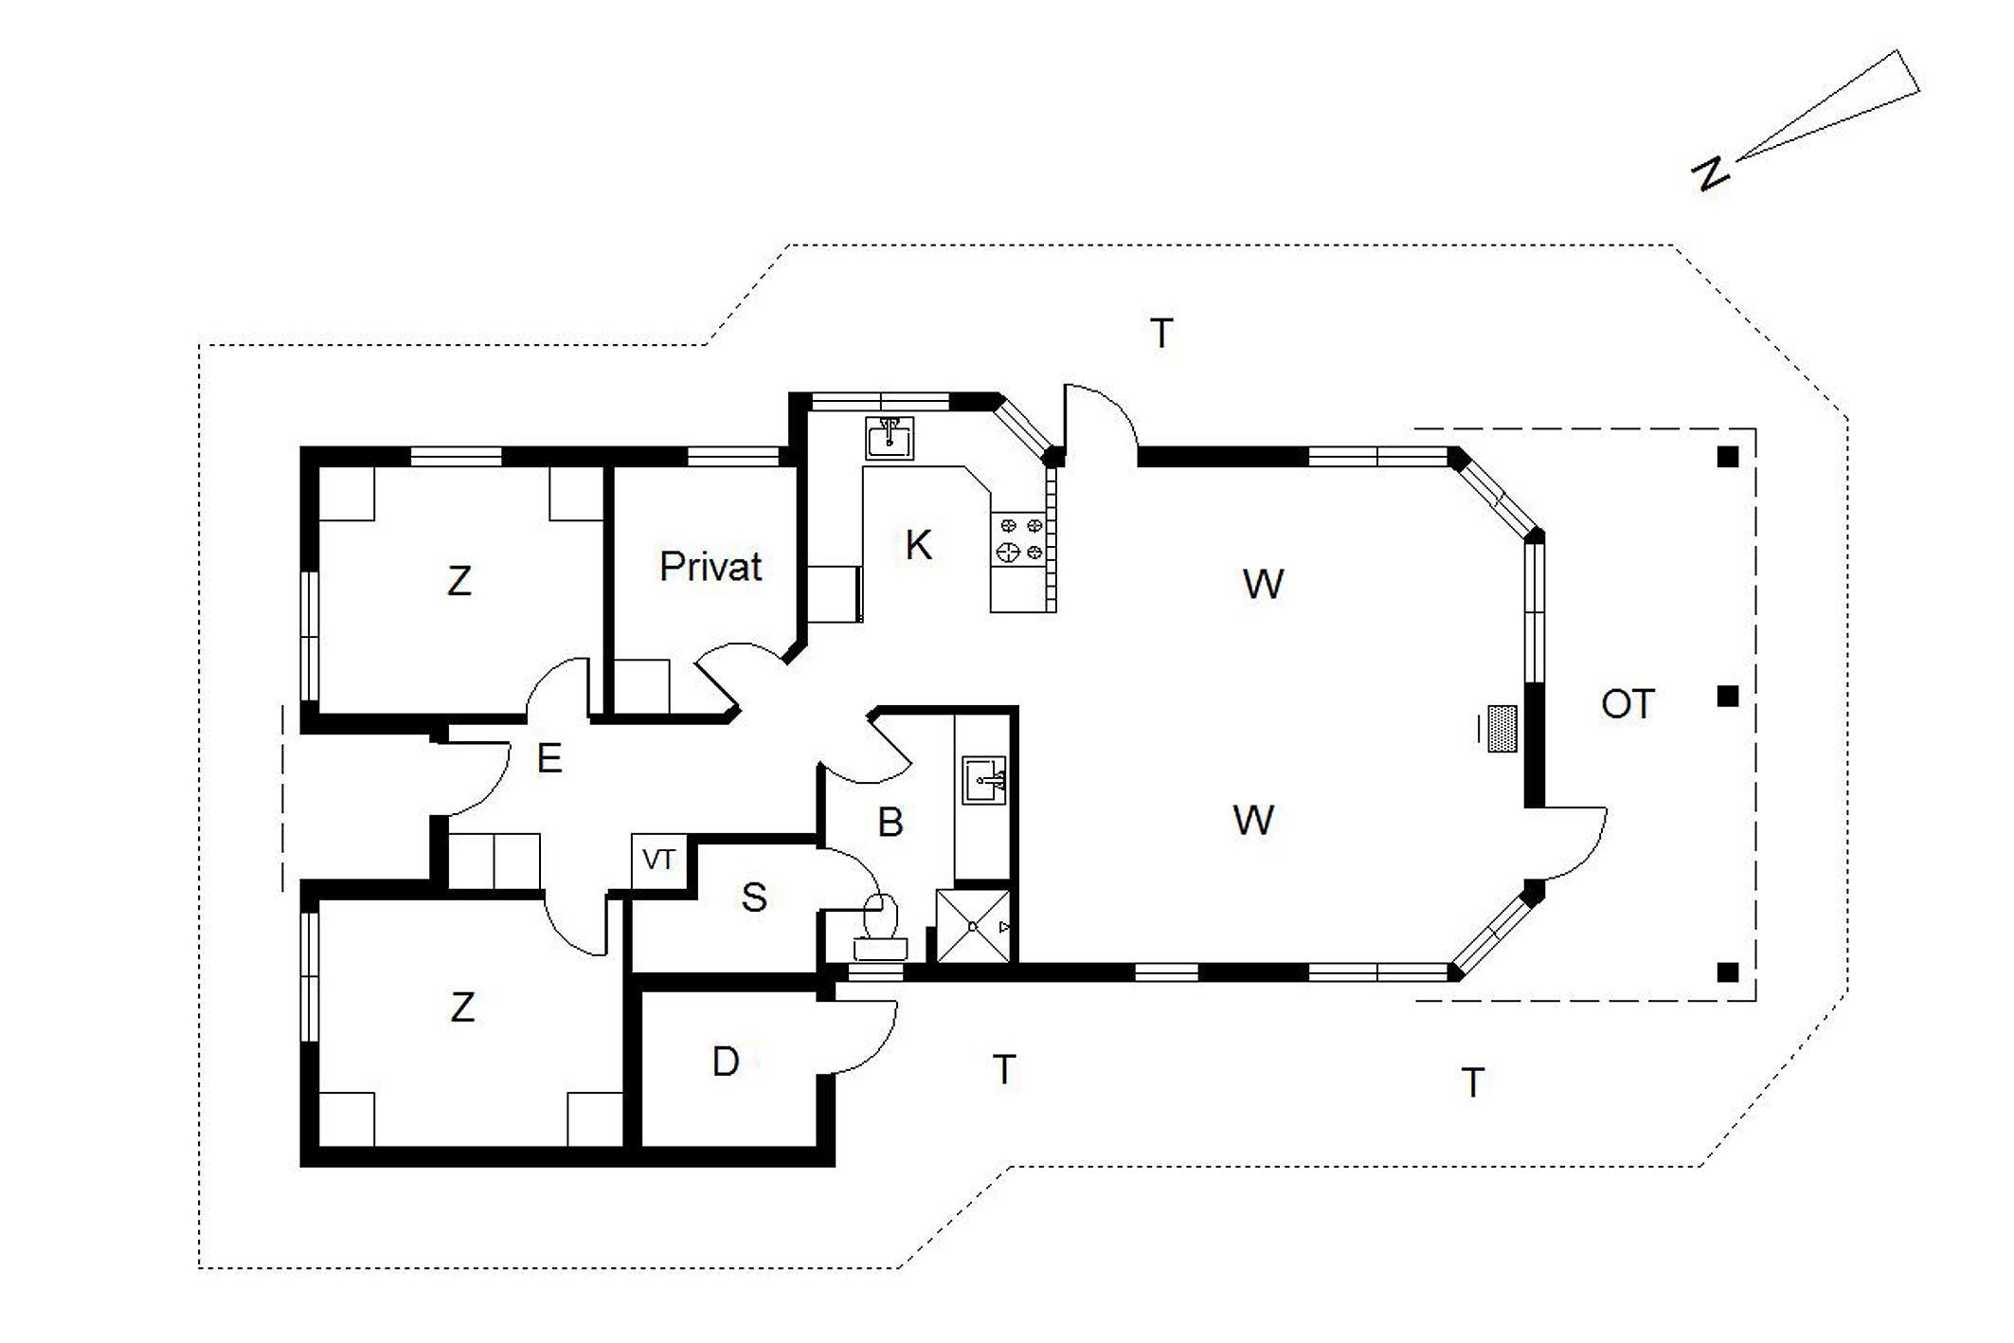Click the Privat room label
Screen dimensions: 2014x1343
click(x=710, y=567)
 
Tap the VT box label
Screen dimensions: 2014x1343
click(x=658, y=860)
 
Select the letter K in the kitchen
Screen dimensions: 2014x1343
click(x=918, y=545)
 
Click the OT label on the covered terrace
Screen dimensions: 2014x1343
click(x=1627, y=704)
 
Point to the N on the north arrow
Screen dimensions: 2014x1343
click(x=1710, y=173)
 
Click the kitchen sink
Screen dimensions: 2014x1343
click(x=890, y=439)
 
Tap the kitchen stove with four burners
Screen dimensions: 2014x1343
click(x=1019, y=538)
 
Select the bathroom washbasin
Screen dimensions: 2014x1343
click(x=984, y=780)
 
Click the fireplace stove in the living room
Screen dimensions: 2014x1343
click(x=1502, y=729)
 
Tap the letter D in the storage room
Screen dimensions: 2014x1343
click(x=726, y=1062)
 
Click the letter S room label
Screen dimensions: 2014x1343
click(x=753, y=897)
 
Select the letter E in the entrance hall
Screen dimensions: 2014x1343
click(x=549, y=758)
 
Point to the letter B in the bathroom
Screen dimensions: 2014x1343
click(x=890, y=822)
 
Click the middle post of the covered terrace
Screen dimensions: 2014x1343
click(x=1728, y=697)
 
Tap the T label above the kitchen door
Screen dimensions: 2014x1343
click(x=1161, y=333)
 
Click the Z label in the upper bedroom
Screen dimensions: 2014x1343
click(x=459, y=581)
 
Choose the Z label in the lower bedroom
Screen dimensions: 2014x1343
click(x=462, y=1007)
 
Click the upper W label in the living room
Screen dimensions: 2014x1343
click(x=1263, y=584)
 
